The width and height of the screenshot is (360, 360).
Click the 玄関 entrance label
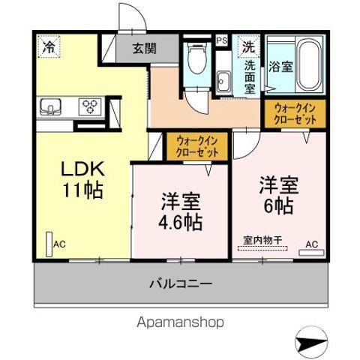pyautogui.click(x=145, y=49)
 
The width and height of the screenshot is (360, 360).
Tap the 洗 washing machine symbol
pyautogui.click(x=247, y=46)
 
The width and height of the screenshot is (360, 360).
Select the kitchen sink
pyautogui.click(x=50, y=106)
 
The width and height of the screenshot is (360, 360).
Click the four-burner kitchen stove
pyautogui.click(x=90, y=107)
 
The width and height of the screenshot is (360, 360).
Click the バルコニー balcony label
pyautogui.click(x=179, y=284)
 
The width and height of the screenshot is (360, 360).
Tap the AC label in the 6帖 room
pyautogui.click(x=311, y=244)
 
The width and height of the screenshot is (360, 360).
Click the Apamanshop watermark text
pyautogui.click(x=179, y=323)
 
